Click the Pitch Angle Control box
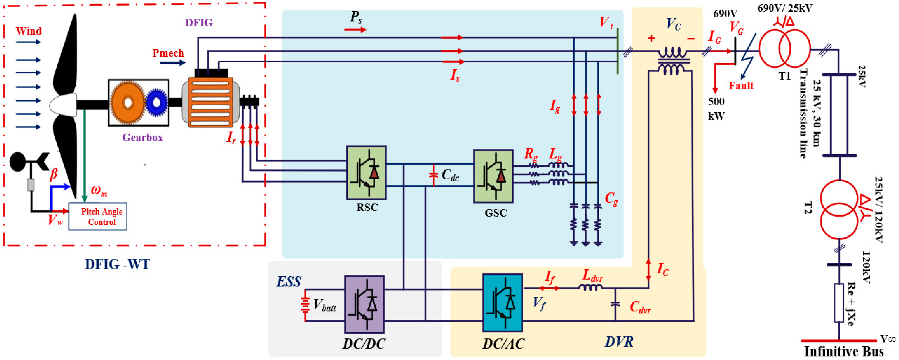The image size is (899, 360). click(x=98, y=216)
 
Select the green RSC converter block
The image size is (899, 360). click(x=366, y=173)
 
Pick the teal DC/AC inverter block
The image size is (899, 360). click(x=503, y=303)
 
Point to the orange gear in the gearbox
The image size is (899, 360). click(x=127, y=103)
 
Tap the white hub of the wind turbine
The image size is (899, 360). click(x=64, y=105)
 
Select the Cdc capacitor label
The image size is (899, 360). click(x=450, y=174)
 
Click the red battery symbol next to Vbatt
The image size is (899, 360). click(x=305, y=305)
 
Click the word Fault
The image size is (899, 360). click(x=741, y=86)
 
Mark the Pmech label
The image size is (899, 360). click(x=168, y=53)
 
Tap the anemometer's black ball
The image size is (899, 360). click(x=18, y=162)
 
